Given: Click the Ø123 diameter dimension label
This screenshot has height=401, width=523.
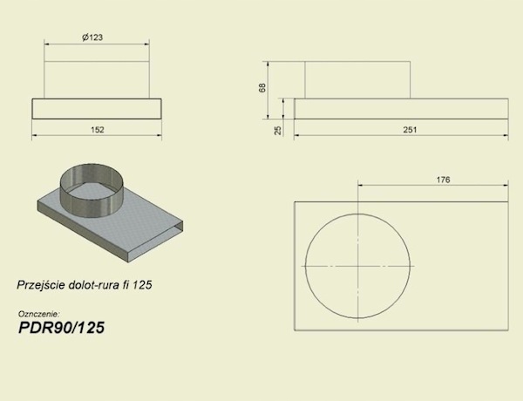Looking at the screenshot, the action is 92,37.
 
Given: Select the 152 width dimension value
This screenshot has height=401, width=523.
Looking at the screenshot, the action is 98,129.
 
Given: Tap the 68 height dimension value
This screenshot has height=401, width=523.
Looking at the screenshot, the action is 262,88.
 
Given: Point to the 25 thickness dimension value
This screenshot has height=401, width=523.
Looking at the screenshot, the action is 277,130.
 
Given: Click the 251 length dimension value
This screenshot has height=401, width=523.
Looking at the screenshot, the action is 410,129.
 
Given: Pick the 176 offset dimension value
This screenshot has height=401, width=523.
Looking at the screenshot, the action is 444,180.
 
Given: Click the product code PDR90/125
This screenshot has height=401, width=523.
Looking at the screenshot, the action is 61,328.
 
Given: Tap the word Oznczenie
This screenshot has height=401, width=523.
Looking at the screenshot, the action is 39,314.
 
